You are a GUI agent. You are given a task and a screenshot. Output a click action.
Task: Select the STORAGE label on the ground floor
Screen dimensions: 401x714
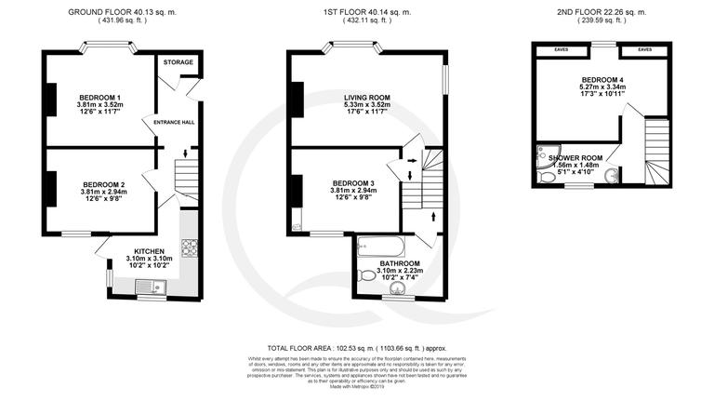click(x=178, y=62)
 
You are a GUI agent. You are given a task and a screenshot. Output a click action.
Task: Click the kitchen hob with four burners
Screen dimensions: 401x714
click(x=190, y=247)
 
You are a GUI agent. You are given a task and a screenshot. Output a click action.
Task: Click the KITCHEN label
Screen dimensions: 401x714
click(x=150, y=252)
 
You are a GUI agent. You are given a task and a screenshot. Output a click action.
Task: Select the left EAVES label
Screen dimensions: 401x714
click(x=560, y=49)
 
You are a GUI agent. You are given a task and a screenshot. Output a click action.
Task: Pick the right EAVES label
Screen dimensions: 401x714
click(x=644, y=49)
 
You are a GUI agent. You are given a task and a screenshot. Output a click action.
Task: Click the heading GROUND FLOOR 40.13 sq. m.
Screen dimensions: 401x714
click(x=122, y=10)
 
